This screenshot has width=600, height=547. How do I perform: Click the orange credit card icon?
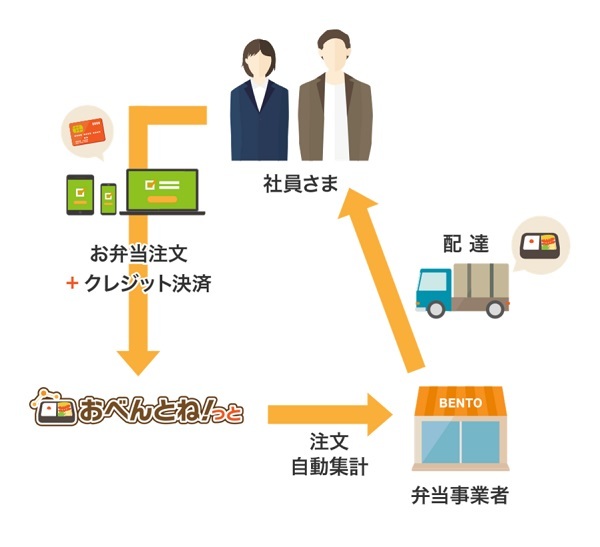click(x=87, y=131)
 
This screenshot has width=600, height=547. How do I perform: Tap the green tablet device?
click(x=80, y=195)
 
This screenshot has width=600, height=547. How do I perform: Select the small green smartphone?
click(x=108, y=199)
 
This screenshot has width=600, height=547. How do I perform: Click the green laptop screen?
click(x=163, y=190)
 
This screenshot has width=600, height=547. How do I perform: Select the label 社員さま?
click(x=301, y=184)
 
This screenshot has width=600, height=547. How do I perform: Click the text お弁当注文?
click(x=139, y=254)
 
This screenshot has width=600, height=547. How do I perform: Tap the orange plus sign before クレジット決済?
click(x=72, y=283)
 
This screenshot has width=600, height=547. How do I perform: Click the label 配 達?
click(x=466, y=243)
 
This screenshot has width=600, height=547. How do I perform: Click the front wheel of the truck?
click(x=436, y=309)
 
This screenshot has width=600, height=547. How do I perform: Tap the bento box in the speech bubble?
click(x=539, y=245)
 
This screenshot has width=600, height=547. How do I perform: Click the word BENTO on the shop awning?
click(x=461, y=403)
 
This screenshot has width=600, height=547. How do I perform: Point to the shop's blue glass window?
click(x=460, y=442)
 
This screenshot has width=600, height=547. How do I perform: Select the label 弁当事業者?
click(x=460, y=495)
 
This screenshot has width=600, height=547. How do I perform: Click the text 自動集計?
click(x=329, y=467)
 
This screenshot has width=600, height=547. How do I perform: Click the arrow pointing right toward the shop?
click(x=330, y=415)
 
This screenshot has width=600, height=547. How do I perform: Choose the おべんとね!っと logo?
click(x=137, y=407)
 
